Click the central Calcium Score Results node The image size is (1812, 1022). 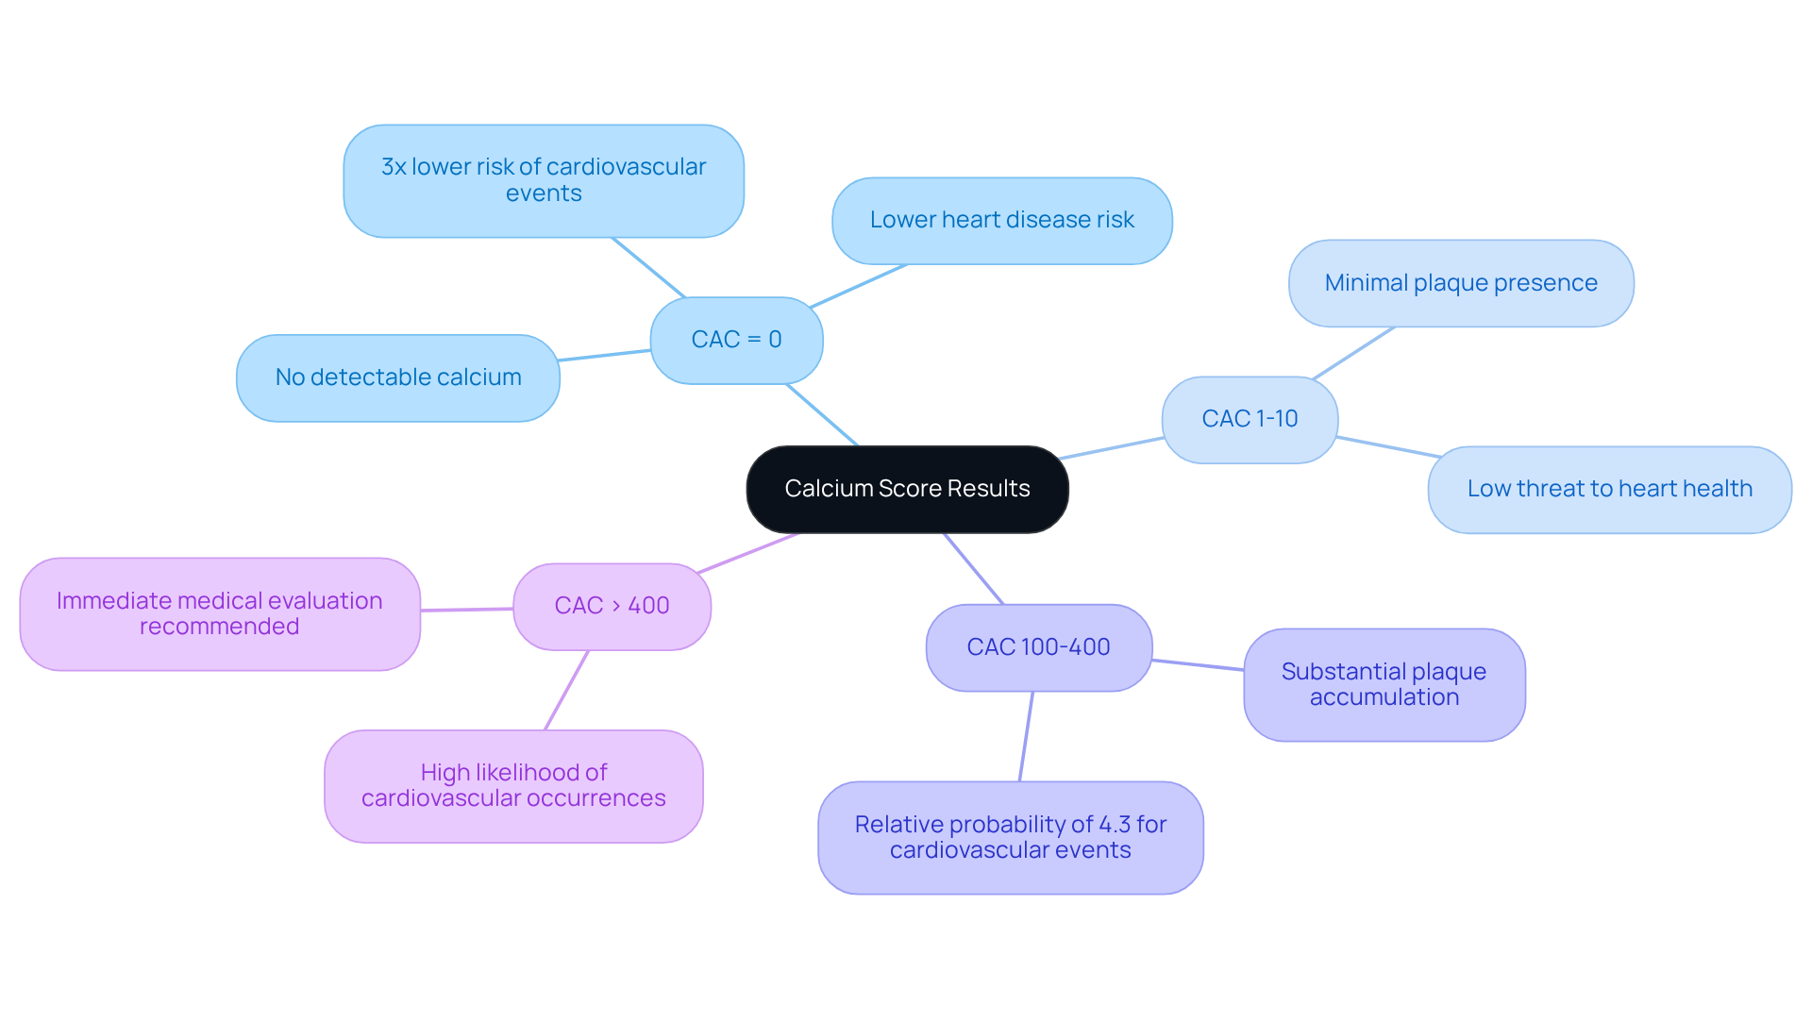point(907,489)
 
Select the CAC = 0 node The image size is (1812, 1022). point(736,340)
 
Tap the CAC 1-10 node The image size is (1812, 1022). point(1250,419)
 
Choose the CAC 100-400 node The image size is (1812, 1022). point(1038,647)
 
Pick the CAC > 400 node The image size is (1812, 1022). point(612,606)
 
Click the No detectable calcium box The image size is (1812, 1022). point(397,377)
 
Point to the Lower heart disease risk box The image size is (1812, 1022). point(1001,220)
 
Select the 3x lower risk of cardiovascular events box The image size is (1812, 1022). point(544,180)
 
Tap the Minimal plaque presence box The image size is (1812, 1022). point(1460,283)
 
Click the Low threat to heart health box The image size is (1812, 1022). point(1609,489)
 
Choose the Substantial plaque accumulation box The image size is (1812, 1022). point(1384,685)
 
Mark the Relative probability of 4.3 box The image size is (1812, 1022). point(1010,837)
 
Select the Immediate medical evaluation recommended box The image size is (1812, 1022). point(219,613)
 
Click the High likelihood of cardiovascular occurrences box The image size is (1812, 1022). point(513,785)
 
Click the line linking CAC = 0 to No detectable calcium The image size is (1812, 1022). point(604,355)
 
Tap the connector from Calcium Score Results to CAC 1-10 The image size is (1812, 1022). point(1111,448)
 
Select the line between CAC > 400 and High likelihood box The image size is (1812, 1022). point(566,690)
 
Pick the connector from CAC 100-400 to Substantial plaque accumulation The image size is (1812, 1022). point(1198,664)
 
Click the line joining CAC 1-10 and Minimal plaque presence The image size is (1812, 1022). point(1353,353)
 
